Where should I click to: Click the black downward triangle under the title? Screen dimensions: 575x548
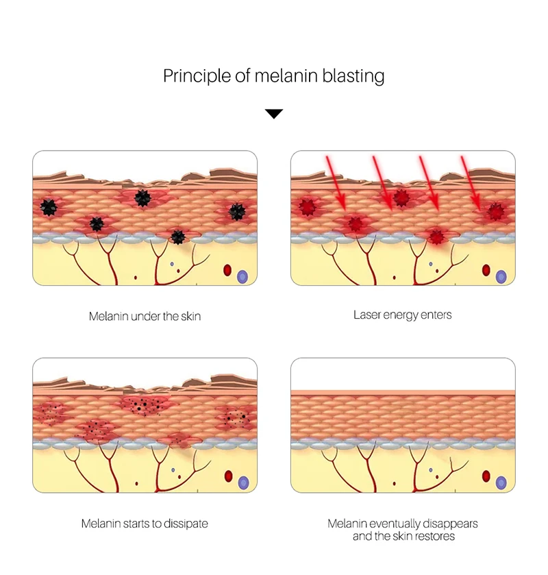pos(274,114)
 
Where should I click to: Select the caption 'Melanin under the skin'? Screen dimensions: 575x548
pos(145,317)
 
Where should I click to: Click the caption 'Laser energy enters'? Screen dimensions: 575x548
pos(403,315)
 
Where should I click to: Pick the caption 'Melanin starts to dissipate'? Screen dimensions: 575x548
pos(145,524)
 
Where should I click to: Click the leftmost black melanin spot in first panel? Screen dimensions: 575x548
pos(49,205)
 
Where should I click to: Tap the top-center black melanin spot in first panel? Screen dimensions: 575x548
pos(142,198)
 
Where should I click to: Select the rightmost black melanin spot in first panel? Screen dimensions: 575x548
pos(236,212)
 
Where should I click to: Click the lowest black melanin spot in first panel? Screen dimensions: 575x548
pos(178,237)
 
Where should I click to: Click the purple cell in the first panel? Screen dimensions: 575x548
pos(242,277)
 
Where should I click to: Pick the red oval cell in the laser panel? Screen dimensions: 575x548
pos(486,270)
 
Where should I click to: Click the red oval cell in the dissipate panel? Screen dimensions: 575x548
pos(228,476)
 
